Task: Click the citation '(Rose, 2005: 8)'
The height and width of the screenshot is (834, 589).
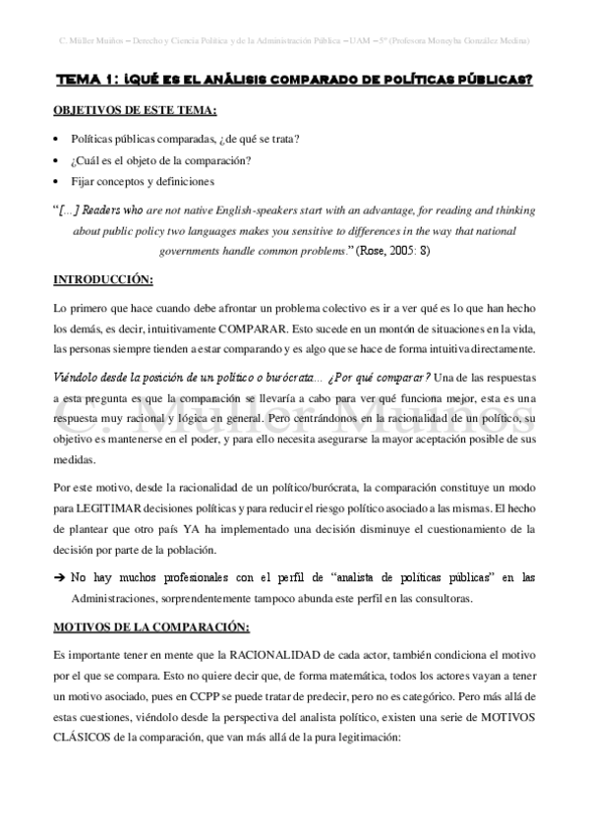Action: tap(407, 251)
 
